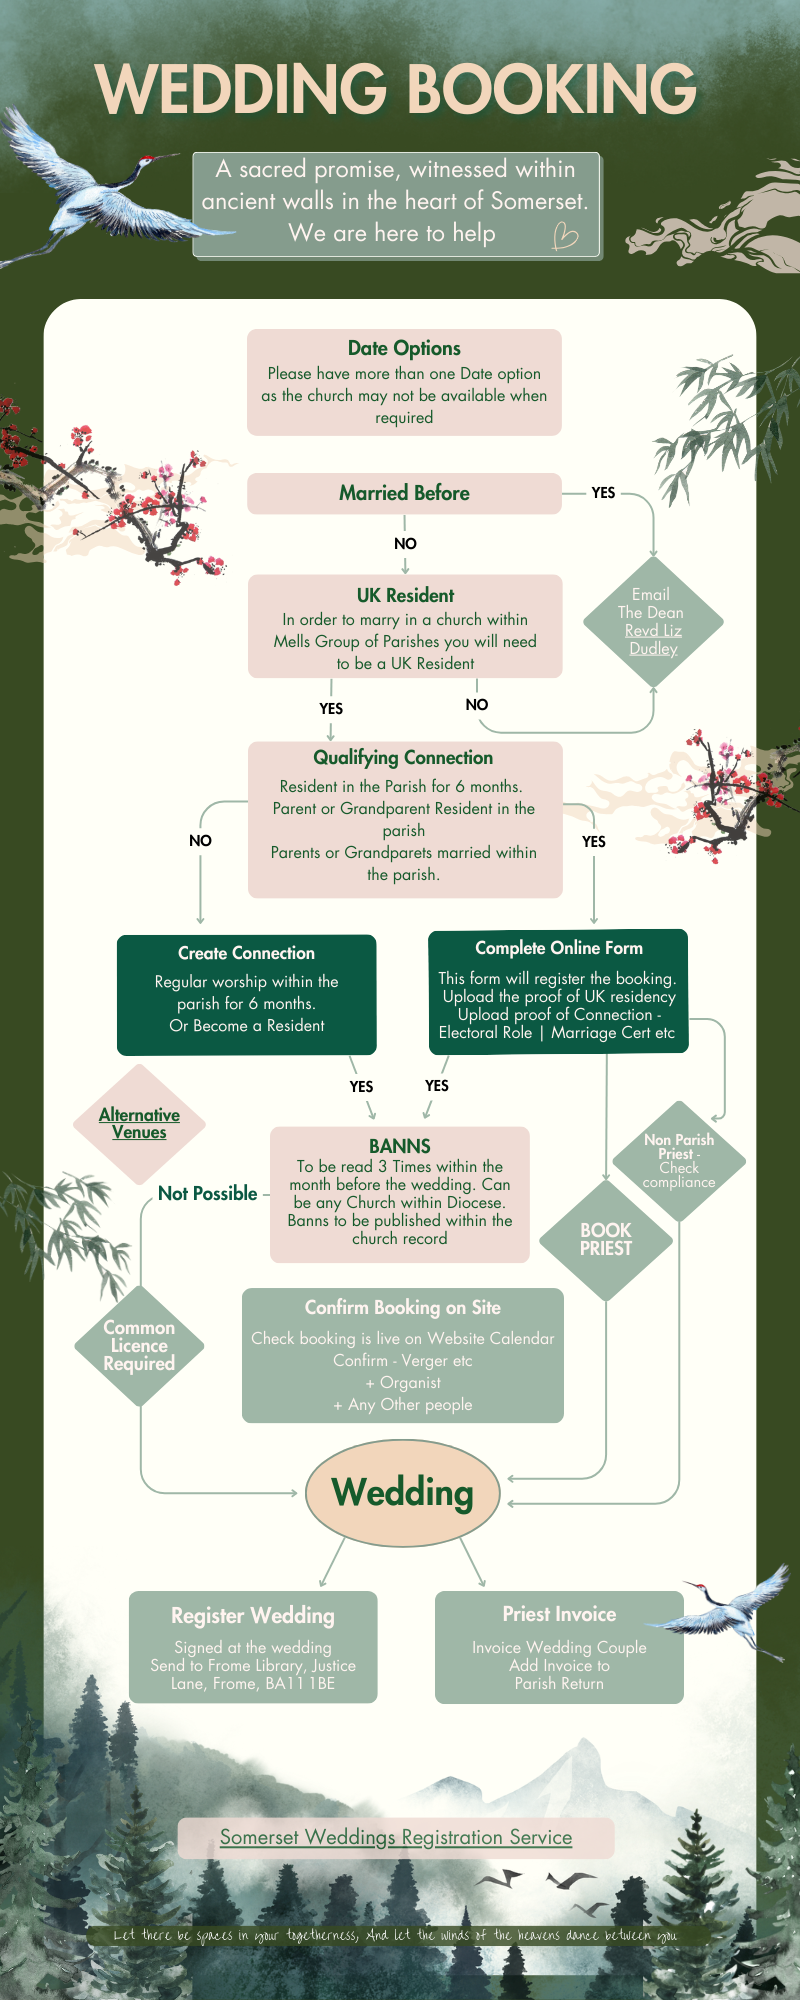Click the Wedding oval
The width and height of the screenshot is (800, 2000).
tap(402, 1492)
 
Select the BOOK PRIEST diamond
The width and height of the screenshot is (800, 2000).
tap(605, 1240)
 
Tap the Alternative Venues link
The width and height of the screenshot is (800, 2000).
tap(139, 1123)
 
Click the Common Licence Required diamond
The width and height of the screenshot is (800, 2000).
tap(139, 1345)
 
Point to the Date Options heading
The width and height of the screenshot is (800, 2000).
tap(404, 348)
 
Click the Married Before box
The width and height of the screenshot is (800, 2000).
tap(404, 493)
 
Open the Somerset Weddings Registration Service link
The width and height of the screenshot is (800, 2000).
tap(396, 1837)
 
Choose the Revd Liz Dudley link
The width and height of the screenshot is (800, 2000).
tap(653, 639)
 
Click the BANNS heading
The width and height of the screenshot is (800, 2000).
tap(400, 1146)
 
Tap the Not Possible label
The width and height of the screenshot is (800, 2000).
tap(208, 1193)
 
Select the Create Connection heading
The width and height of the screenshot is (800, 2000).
tap(246, 953)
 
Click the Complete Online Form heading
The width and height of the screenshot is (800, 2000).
tap(559, 947)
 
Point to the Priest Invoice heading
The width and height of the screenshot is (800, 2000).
tap(559, 1614)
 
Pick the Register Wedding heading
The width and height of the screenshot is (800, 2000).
tap(253, 1615)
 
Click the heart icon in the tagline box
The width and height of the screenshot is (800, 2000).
tap(565, 235)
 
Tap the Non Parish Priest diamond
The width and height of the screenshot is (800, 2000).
tap(679, 1160)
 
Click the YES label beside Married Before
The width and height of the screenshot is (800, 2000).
tap(603, 493)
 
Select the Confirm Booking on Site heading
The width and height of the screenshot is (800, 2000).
tap(403, 1307)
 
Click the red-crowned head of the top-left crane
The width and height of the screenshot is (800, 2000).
tap(146, 160)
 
